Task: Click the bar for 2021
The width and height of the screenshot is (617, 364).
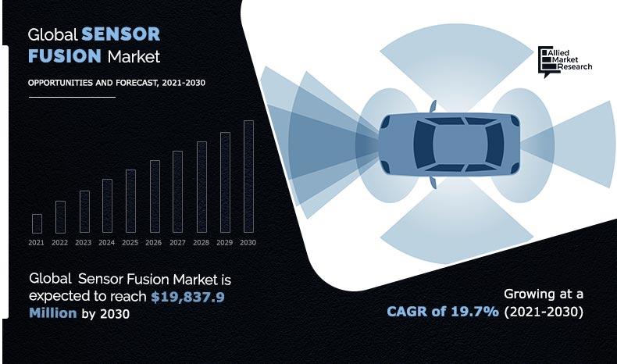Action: pyautogui.click(x=37, y=223)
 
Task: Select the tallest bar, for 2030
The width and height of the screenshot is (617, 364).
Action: pyautogui.click(x=248, y=177)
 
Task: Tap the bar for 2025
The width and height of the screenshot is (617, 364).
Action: pyautogui.click(x=130, y=201)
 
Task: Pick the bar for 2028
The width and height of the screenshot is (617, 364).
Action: pyautogui.click(x=202, y=187)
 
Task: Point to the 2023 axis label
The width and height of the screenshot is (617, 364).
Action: pyautogui.click(x=83, y=242)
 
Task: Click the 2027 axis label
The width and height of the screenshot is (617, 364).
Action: pyautogui.click(x=177, y=242)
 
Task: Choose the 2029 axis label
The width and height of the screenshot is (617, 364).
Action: pyautogui.click(x=224, y=242)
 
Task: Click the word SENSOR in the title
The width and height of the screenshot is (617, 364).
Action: pyautogui.click(x=121, y=34)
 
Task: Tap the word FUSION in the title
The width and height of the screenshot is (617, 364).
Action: pyautogui.click(x=65, y=56)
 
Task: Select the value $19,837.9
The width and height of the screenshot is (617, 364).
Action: pyautogui.click(x=187, y=297)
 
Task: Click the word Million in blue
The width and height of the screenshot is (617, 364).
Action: pyautogui.click(x=53, y=313)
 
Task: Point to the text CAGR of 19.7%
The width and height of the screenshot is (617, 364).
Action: pyautogui.click(x=443, y=312)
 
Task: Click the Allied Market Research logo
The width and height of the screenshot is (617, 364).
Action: pyautogui.click(x=565, y=62)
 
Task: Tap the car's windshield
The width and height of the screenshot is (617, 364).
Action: pyautogui.click(x=424, y=145)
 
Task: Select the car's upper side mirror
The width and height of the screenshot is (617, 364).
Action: pyautogui.click(x=433, y=106)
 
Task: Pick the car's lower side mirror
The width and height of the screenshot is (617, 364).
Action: pyautogui.click(x=433, y=183)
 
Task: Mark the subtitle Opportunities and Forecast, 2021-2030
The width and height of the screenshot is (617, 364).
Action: pyautogui.click(x=116, y=83)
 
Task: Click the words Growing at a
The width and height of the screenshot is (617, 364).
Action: pyautogui.click(x=544, y=294)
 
